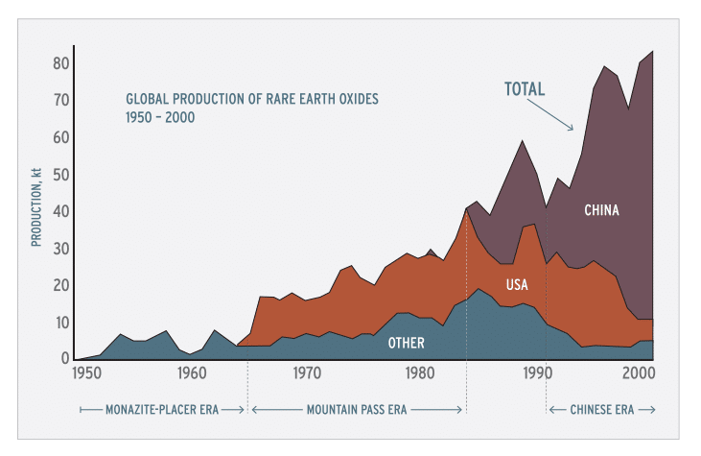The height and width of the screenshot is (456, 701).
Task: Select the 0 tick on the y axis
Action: (63, 359)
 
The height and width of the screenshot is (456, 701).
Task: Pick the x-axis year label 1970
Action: (306, 372)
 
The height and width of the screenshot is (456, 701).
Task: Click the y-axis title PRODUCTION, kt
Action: (36, 206)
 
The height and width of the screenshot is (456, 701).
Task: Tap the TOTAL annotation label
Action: (525, 89)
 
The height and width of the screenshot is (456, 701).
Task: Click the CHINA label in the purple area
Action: (602, 209)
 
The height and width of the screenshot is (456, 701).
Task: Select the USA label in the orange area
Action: (517, 284)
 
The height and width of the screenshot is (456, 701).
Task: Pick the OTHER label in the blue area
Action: (407, 342)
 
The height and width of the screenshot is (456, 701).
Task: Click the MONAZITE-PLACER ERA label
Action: (162, 409)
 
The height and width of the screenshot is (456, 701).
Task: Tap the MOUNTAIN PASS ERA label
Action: (357, 409)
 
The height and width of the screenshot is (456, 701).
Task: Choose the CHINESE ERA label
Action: (601, 409)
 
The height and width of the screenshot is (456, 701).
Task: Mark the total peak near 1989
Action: (522, 140)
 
